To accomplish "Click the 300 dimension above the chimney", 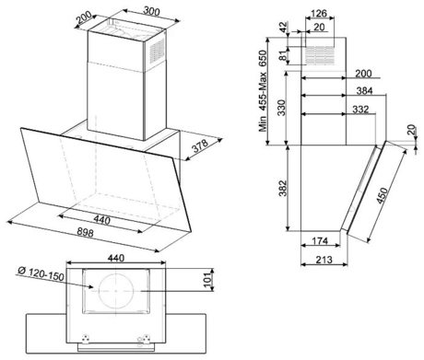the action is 152,11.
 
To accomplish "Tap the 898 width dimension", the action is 85,232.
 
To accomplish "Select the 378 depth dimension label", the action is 200,146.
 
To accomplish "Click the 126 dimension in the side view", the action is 319,14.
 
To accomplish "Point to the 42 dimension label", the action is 283,27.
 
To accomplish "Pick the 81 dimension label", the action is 283,55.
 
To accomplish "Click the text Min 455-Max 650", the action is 263,91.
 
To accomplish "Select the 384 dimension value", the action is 364,90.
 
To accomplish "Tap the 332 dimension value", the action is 360,109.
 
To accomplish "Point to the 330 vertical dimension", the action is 281,108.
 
